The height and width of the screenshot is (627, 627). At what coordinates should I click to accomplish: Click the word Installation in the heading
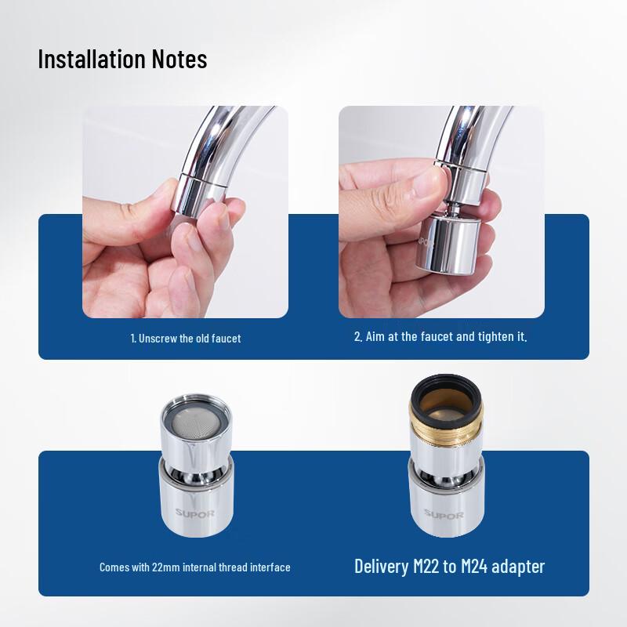[x=92, y=59]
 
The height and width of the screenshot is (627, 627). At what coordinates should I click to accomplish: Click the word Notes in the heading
[x=179, y=59]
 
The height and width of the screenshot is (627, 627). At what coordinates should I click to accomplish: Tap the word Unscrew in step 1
[x=158, y=339]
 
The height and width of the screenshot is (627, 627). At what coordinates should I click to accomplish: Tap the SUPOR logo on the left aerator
[x=194, y=513]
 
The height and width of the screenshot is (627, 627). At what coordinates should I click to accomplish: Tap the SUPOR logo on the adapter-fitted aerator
[x=444, y=515]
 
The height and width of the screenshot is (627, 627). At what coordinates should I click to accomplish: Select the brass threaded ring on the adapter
[x=446, y=428]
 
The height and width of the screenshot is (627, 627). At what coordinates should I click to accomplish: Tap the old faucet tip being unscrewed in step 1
[x=199, y=196]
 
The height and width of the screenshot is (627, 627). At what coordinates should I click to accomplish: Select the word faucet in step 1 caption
[x=226, y=339]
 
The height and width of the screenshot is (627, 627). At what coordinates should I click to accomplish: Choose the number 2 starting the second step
[x=358, y=337]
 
